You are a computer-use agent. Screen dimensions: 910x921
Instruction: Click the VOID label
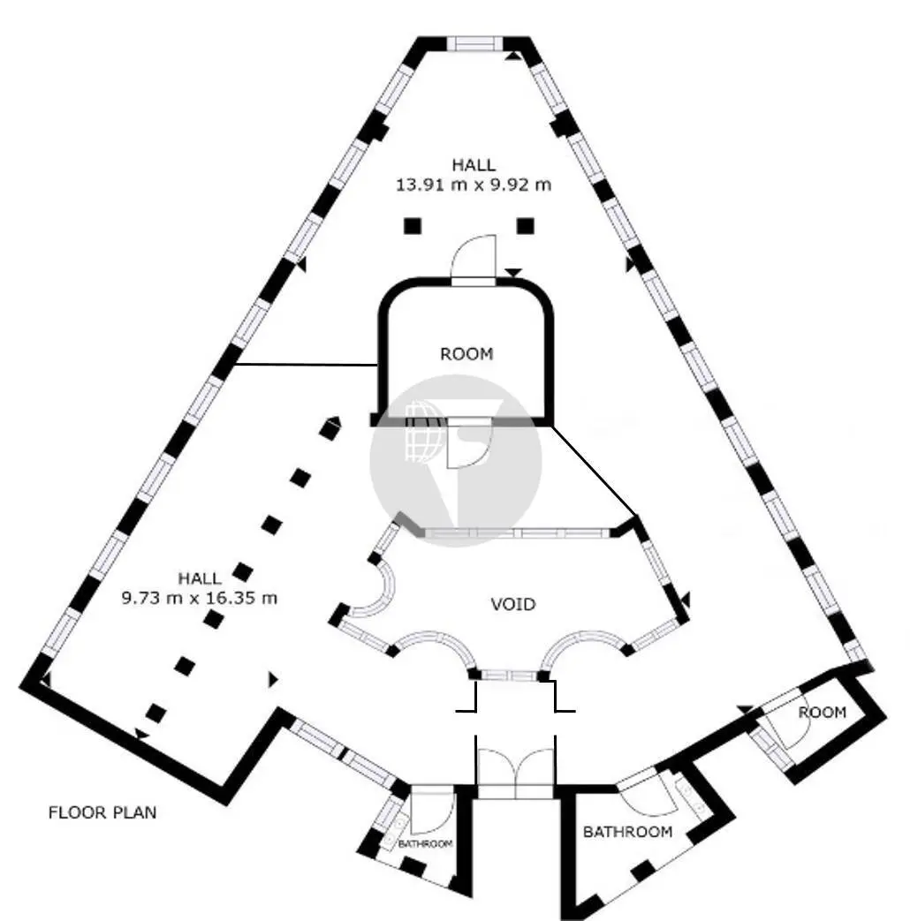(x=513, y=604)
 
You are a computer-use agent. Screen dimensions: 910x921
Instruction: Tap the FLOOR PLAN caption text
(x=102, y=812)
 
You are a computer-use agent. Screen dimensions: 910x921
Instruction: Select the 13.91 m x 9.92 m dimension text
(x=474, y=185)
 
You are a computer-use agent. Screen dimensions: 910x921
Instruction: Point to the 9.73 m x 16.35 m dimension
(x=200, y=599)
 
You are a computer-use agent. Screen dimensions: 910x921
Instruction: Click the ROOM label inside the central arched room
(x=466, y=353)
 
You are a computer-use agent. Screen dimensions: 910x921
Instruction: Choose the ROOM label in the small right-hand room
(x=823, y=712)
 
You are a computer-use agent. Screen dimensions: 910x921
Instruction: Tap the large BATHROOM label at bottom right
(x=628, y=832)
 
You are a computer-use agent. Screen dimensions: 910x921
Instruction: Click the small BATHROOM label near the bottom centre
(x=426, y=843)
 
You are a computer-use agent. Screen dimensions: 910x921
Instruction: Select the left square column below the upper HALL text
(x=413, y=225)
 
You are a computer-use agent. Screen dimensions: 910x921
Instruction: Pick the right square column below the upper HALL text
(x=526, y=225)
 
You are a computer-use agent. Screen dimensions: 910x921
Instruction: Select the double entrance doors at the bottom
(x=515, y=766)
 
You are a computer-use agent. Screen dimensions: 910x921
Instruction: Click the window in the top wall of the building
(x=475, y=44)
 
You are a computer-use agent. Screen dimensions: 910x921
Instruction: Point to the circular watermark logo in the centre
(x=456, y=461)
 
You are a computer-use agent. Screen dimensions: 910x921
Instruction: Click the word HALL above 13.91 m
(x=474, y=164)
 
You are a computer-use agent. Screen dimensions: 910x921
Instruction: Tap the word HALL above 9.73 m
(x=200, y=578)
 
